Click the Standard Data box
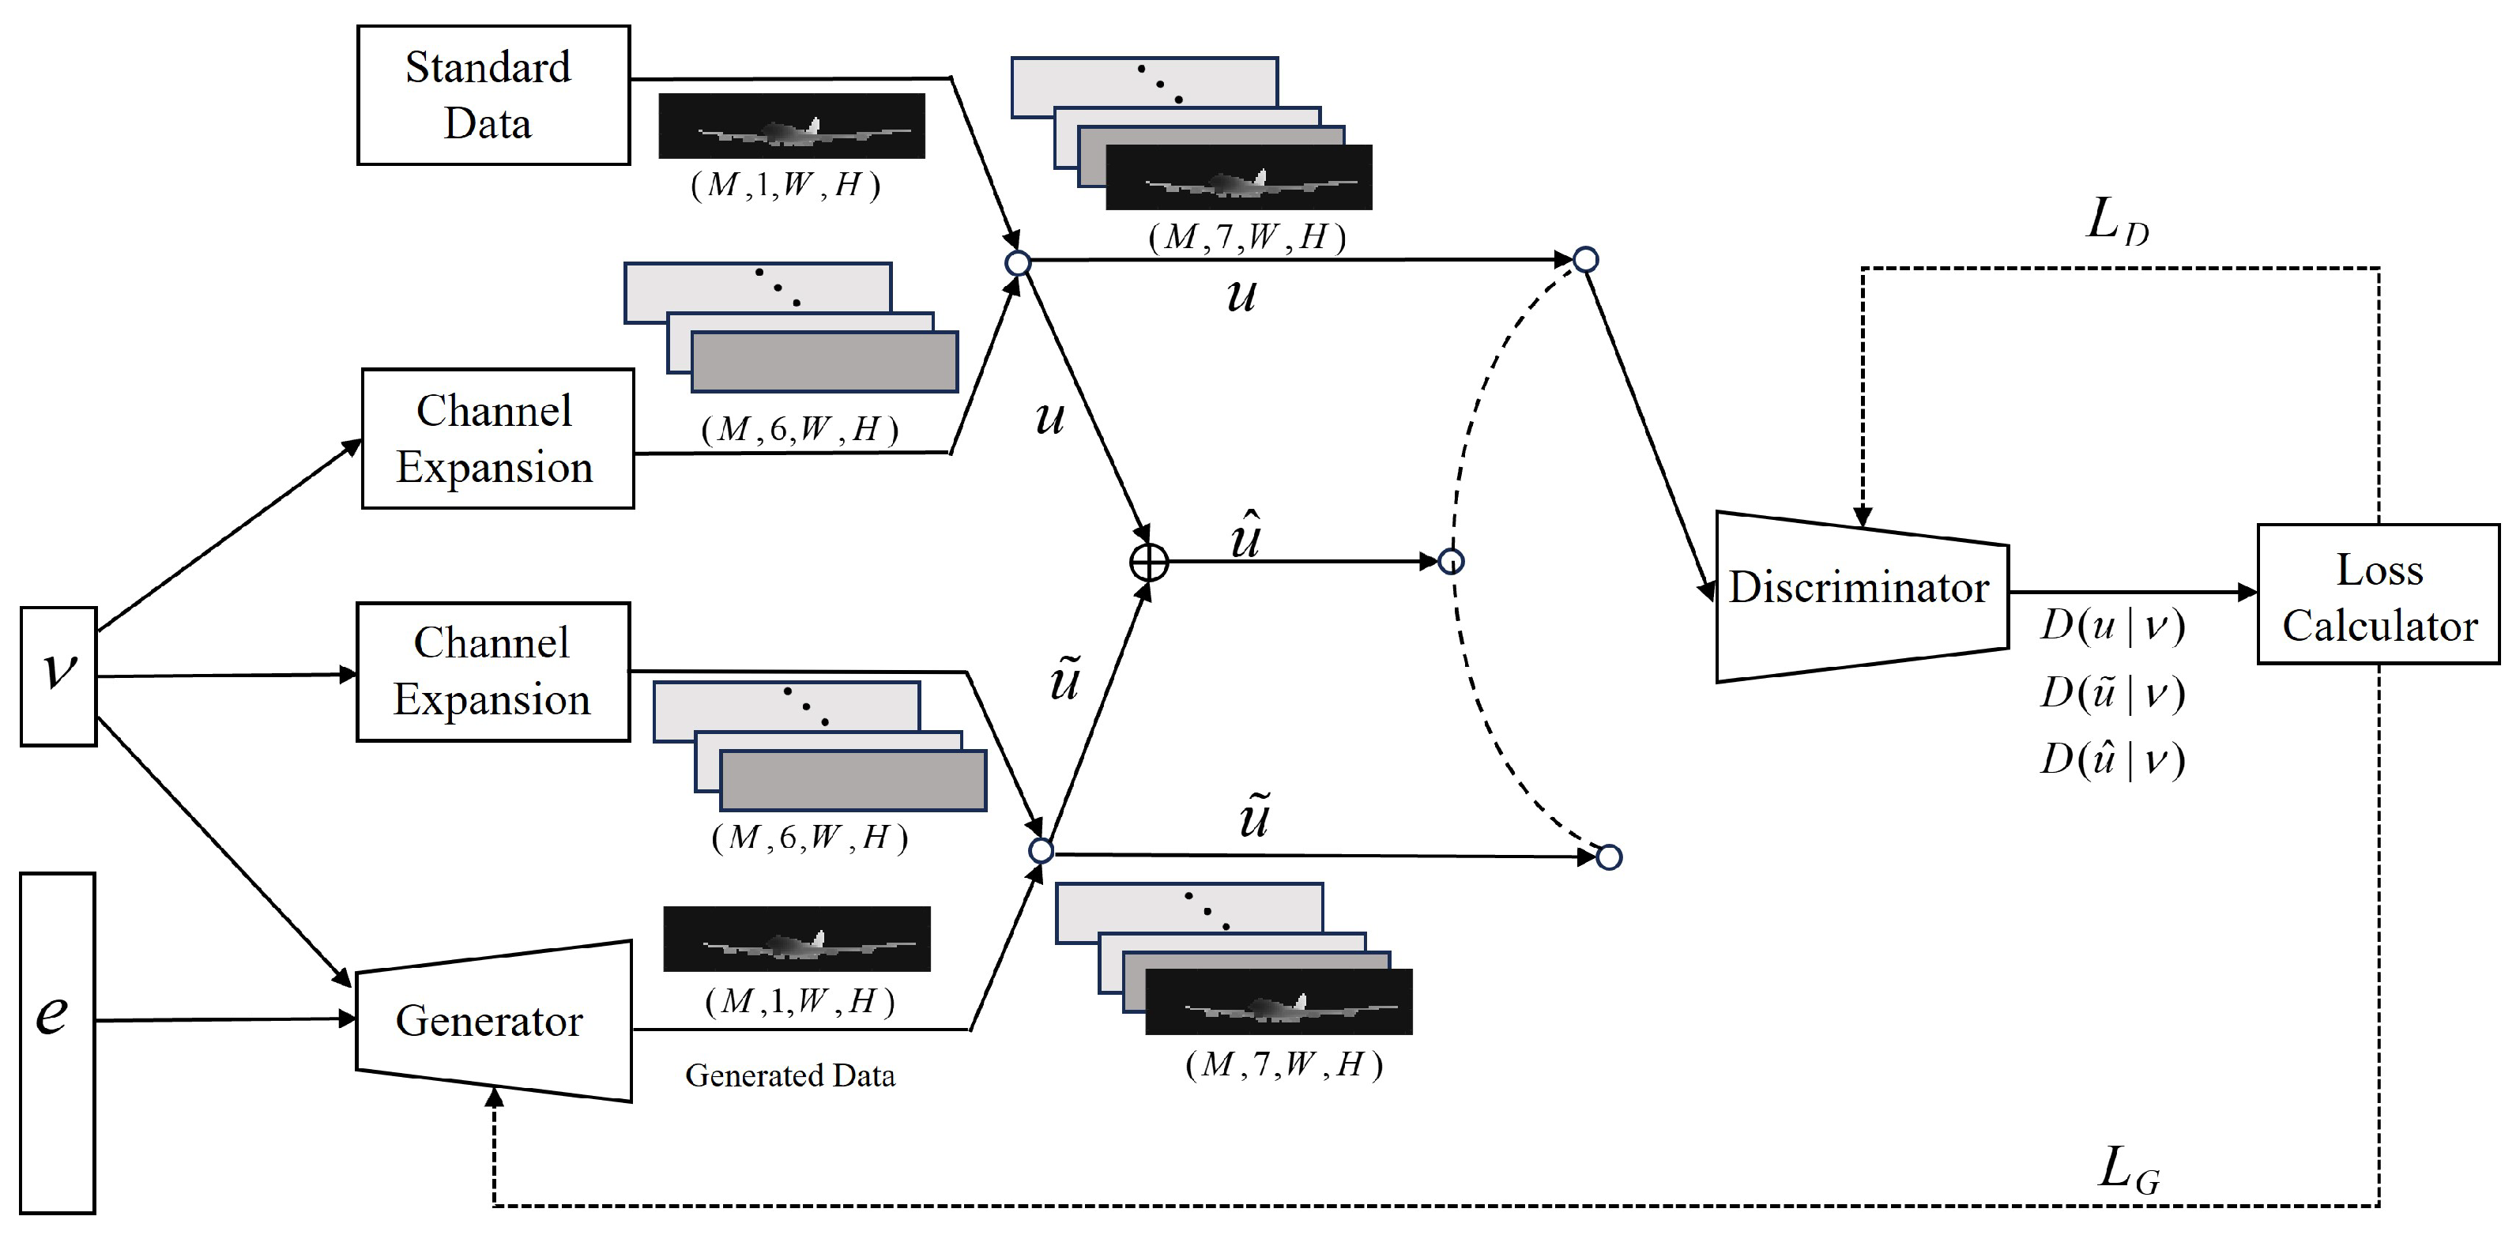pos(493,95)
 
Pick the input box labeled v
pos(58,676)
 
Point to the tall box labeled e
pos(58,1042)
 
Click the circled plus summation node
pos(1150,563)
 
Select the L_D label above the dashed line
pos(2116,223)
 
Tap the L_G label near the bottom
pos(2128,1169)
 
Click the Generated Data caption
pos(789,1075)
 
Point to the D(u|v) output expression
pos(2112,626)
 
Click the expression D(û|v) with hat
pos(2112,759)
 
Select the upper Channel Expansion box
pos(497,438)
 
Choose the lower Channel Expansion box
pos(492,672)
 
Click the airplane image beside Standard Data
pos(792,126)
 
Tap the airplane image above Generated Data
pos(797,939)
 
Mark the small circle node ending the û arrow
pos(1452,561)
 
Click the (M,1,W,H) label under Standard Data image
pos(785,185)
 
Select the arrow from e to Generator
pos(225,1020)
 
